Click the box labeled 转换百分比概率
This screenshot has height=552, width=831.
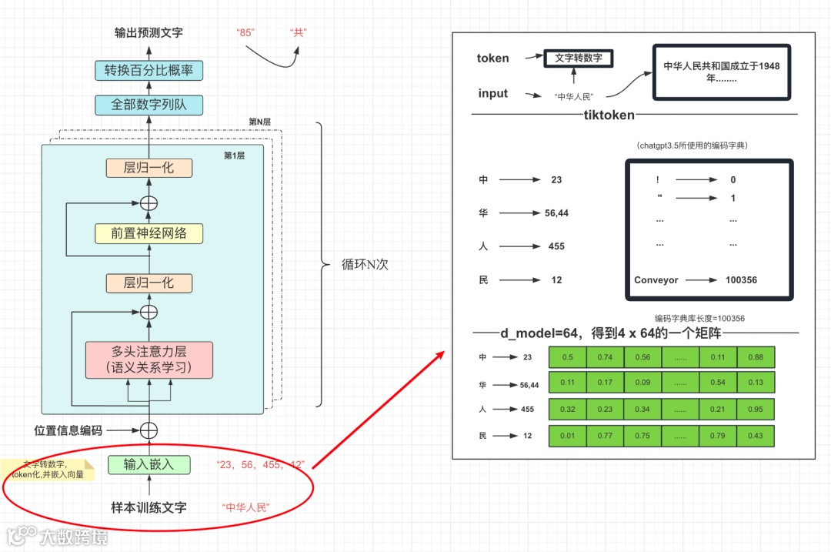[x=149, y=71]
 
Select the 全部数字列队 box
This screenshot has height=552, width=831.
[x=149, y=104]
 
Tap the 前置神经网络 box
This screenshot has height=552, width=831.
[x=149, y=233]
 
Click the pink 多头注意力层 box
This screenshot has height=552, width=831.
[x=149, y=359]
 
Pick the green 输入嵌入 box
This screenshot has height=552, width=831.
[x=149, y=464]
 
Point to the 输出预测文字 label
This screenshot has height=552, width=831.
[x=149, y=32]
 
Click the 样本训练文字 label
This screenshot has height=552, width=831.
[x=149, y=507]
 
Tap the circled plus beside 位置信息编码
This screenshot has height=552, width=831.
[x=149, y=430]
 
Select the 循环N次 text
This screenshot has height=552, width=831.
[x=365, y=264]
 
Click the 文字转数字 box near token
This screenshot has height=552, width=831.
[x=578, y=58]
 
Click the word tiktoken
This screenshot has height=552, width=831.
[x=609, y=115]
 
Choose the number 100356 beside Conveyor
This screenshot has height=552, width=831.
[x=741, y=280]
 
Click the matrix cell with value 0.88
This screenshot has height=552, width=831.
[x=755, y=357]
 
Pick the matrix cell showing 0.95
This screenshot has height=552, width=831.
[x=755, y=410]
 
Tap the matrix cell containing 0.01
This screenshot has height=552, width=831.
[x=568, y=437]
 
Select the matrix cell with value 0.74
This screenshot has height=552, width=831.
[x=606, y=357]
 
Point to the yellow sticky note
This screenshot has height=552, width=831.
[x=48, y=470]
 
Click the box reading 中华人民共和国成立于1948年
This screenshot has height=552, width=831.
[x=721, y=72]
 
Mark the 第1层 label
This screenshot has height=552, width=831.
[x=234, y=156]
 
